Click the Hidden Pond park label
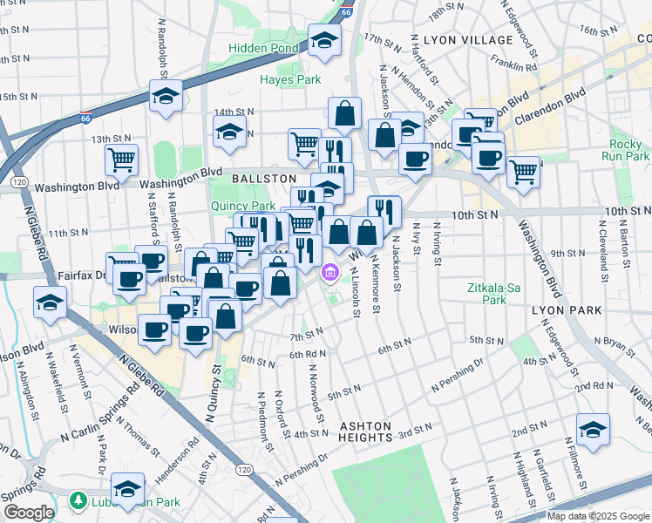coord(264,48)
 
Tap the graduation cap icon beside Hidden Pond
coord(325,41)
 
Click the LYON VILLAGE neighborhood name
coord(468,40)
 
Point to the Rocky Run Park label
coord(625,150)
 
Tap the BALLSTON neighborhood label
coord(264,178)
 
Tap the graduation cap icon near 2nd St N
coord(593,429)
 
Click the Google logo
coord(29,513)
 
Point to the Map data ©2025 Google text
coord(598,516)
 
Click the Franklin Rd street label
coord(513,64)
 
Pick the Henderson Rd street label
coord(177,471)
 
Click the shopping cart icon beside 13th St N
coord(121,160)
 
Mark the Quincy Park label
coord(231,206)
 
